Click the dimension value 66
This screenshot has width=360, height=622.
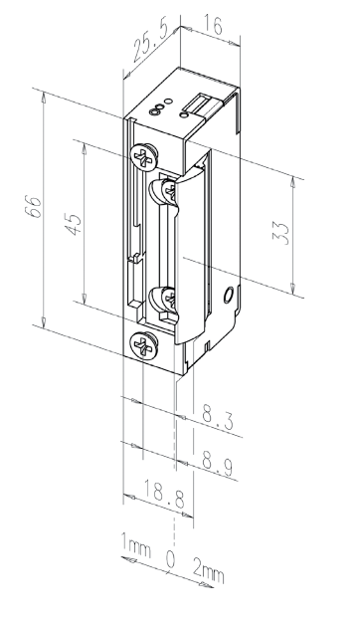coord(35,206)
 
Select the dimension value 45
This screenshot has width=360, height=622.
coord(75,225)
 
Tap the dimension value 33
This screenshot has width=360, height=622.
coord(281,233)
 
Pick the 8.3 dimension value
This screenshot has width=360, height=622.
coord(218,418)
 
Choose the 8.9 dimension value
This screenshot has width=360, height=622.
coord(218,463)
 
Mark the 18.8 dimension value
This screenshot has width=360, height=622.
coord(164,494)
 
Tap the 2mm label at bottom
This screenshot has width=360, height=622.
coord(209,570)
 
